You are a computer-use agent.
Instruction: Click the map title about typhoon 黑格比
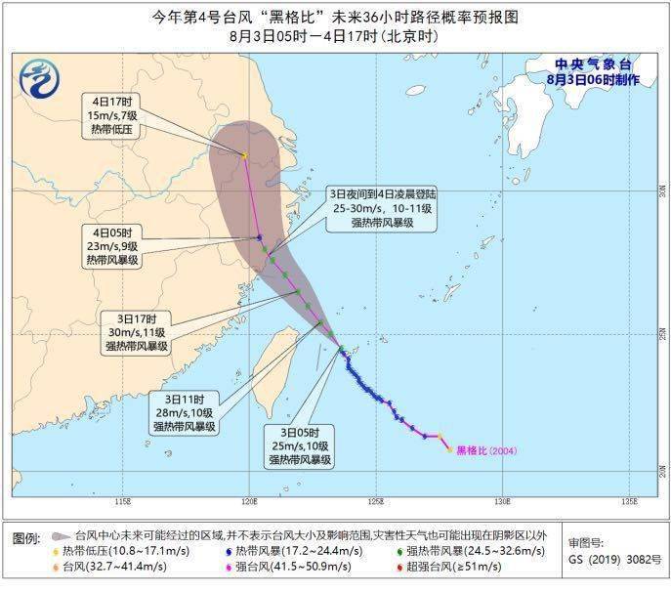(x=335, y=17)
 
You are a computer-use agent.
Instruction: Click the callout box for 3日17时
(x=137, y=332)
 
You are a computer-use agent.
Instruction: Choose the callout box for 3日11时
(x=184, y=413)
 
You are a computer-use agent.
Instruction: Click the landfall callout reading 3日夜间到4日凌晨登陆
(x=383, y=209)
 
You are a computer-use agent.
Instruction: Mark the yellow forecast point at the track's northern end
(x=243, y=155)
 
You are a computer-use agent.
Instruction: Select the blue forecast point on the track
(x=259, y=237)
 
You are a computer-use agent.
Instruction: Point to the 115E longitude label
(x=121, y=501)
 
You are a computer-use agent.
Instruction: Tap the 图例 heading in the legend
(x=25, y=538)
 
